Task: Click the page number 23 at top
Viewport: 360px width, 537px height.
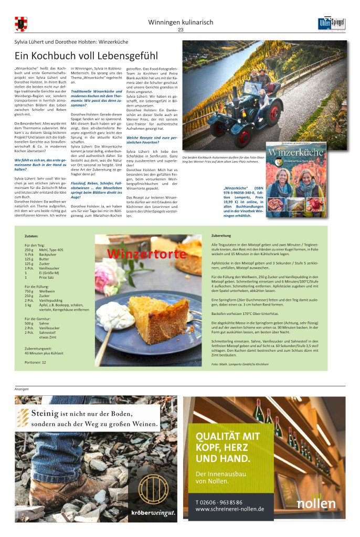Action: tap(181, 30)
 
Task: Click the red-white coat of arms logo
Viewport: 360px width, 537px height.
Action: tap(21, 24)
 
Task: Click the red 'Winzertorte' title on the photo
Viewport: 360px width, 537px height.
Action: tap(146, 255)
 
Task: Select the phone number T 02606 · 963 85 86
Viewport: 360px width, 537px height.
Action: tap(219, 501)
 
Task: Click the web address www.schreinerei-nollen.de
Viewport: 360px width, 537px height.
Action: tap(229, 509)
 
